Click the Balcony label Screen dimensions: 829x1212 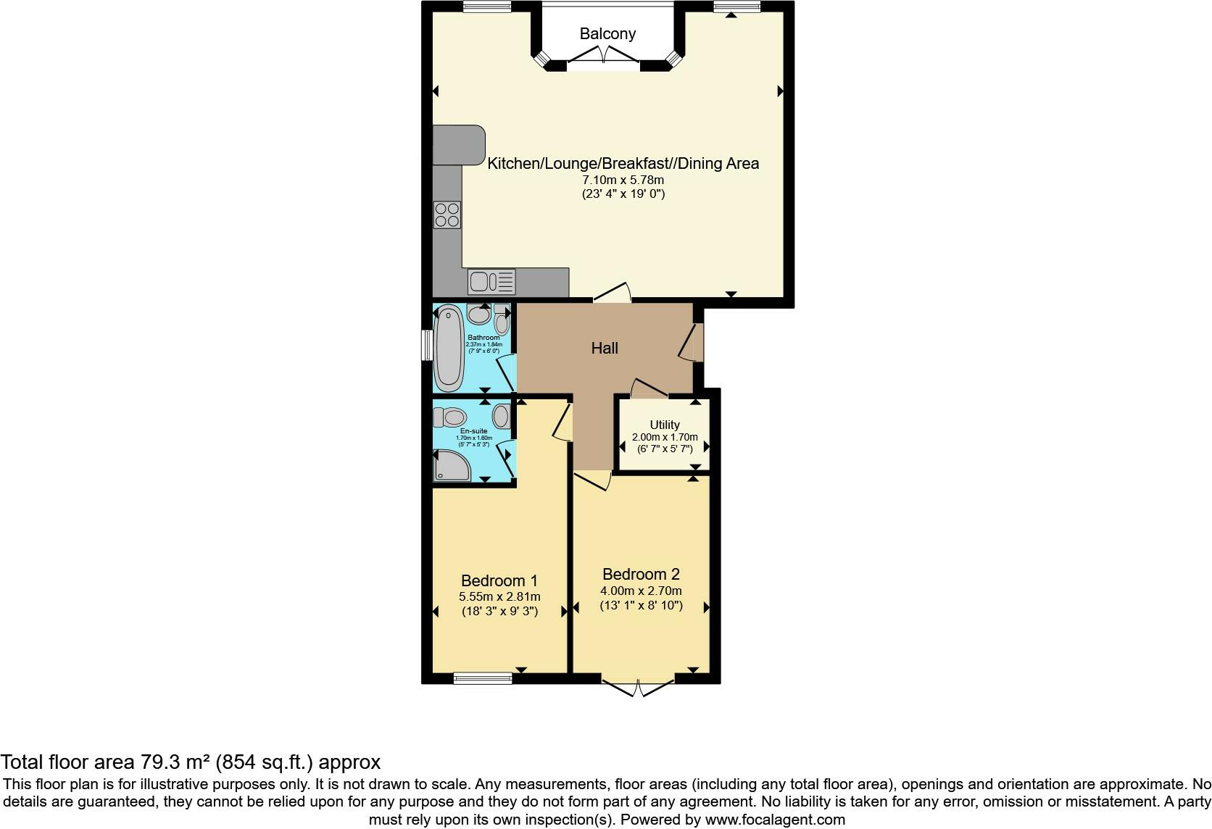(607, 33)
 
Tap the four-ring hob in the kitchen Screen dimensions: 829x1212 (447, 214)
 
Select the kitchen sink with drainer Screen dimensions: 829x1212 (491, 281)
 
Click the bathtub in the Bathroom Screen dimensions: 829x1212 (447, 348)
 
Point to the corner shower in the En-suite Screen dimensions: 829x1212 (451, 466)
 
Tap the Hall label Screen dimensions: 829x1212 (605, 348)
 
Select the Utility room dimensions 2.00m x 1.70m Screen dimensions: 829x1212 (665, 437)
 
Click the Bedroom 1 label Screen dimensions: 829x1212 (499, 580)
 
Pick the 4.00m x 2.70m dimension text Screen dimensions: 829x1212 (641, 591)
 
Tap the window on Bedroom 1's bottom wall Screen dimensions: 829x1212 (482, 678)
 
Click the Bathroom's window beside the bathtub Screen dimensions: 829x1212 (428, 345)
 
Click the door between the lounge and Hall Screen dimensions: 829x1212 (613, 293)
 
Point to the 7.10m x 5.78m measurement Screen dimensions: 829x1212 (623, 180)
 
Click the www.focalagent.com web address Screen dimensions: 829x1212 (775, 820)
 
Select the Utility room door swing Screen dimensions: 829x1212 (649, 388)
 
